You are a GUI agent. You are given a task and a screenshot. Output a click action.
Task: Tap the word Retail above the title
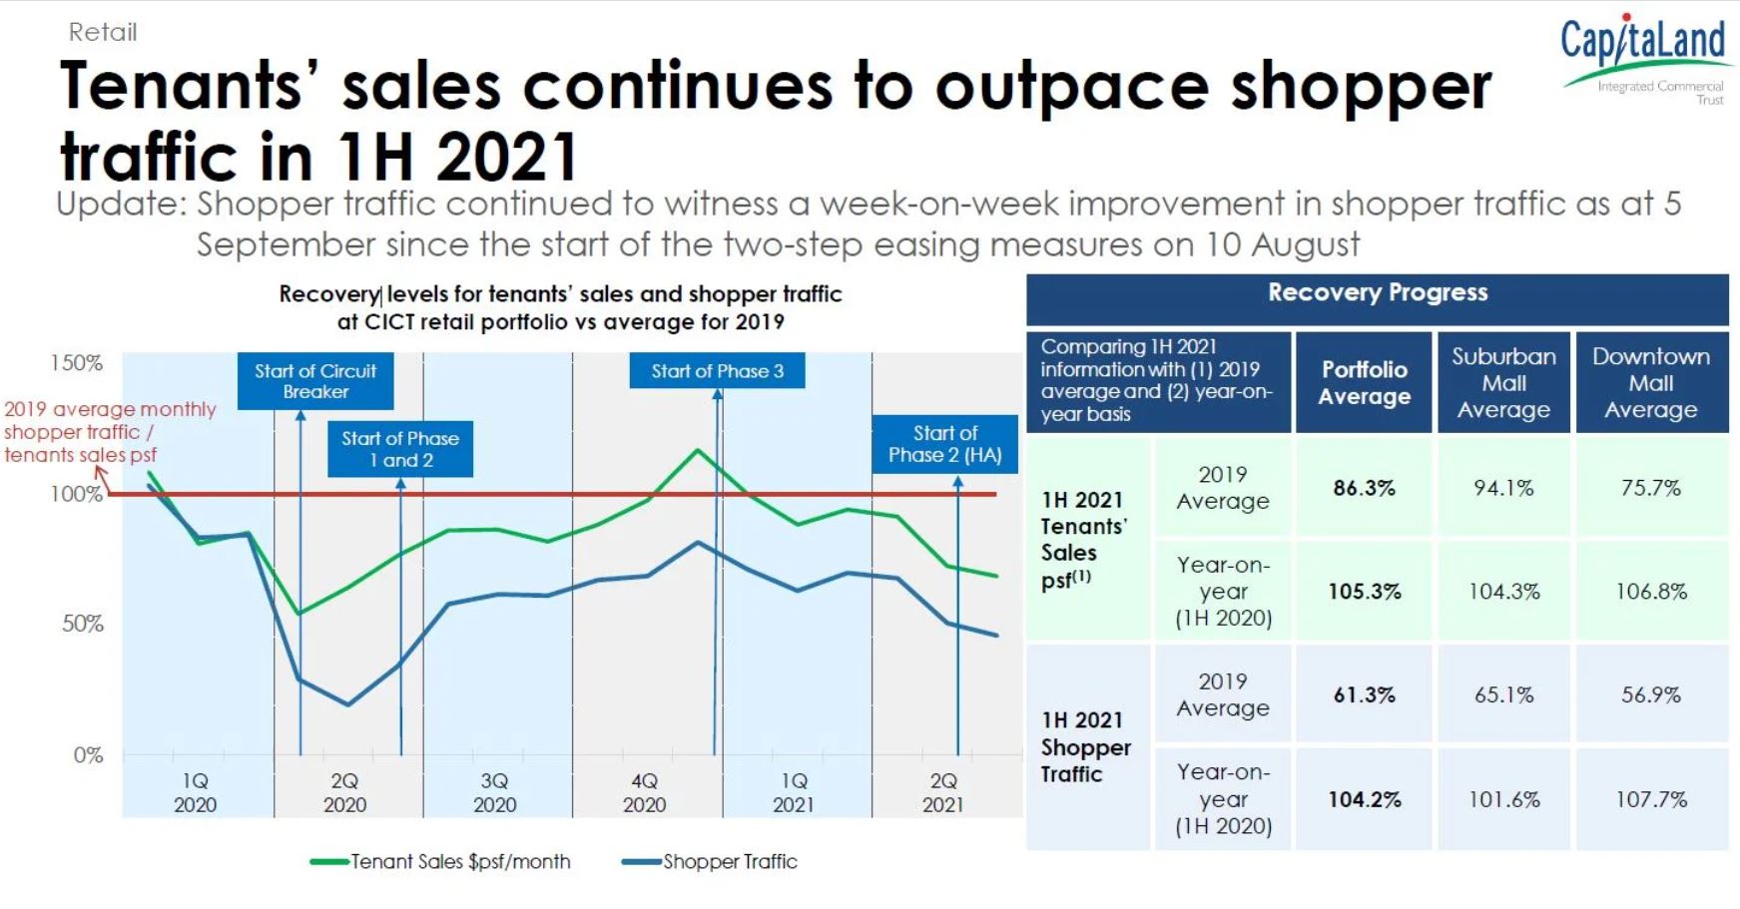point(103,32)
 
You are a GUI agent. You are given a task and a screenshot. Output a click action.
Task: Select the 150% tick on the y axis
point(77,363)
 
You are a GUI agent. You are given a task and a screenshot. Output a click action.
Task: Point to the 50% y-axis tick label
point(83,624)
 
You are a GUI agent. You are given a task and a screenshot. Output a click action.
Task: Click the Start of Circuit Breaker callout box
point(315,381)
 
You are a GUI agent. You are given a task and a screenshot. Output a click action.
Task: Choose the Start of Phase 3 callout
point(717,371)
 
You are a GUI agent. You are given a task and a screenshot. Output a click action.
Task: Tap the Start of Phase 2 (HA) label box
point(944,444)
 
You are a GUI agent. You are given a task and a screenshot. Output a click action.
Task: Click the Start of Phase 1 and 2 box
point(400,449)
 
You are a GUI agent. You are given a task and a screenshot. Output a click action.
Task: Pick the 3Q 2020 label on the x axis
point(494,792)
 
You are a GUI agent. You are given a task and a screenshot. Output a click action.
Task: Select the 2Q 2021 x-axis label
point(942,792)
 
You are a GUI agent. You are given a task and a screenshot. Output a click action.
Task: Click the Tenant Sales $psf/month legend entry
point(440,861)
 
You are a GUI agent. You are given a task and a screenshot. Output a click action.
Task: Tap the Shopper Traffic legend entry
point(710,861)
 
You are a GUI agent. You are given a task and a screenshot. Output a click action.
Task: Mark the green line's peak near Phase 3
point(698,450)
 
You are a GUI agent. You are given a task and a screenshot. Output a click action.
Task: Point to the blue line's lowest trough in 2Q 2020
point(347,704)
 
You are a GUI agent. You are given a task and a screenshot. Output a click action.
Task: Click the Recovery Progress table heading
point(1377,293)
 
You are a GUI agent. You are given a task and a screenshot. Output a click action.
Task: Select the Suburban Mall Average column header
point(1503,383)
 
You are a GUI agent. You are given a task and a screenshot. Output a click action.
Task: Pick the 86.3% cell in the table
point(1364,488)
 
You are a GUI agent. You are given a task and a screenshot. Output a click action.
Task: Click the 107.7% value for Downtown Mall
point(1651,799)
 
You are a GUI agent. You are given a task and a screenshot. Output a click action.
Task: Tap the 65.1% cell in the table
point(1503,694)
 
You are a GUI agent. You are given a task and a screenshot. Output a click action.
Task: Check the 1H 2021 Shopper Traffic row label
point(1085,746)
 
